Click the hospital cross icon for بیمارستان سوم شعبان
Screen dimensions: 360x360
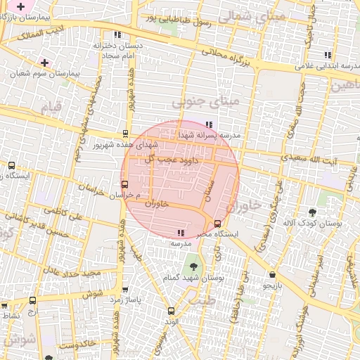(44, 63)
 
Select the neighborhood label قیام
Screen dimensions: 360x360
(52, 108)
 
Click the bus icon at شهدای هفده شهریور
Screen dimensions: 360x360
(125, 132)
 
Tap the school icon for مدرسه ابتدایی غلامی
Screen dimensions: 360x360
(328, 55)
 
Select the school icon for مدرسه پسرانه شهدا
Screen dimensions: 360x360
(208, 124)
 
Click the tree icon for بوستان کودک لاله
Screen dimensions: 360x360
(312, 212)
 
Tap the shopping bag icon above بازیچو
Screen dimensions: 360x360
(272, 274)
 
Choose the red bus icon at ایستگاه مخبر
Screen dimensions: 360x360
(217, 223)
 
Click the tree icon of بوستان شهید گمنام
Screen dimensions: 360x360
(193, 266)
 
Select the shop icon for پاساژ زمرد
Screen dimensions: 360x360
(125, 289)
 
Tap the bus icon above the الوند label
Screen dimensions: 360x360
(171, 310)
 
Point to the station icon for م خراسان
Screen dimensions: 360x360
(125, 184)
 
